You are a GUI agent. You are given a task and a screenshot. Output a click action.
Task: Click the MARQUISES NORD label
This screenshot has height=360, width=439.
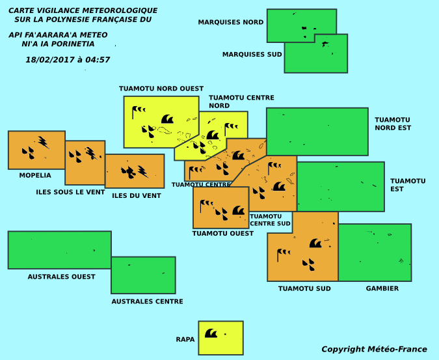pos(231,22)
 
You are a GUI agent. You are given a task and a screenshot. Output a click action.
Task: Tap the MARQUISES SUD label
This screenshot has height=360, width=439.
pos(252,54)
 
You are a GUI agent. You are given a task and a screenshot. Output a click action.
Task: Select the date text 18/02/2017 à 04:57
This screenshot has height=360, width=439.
pos(68,60)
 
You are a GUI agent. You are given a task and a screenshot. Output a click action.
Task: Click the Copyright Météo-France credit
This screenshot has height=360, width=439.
pos(374,349)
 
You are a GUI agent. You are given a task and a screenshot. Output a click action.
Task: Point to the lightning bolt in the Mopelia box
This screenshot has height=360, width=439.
pos(44,143)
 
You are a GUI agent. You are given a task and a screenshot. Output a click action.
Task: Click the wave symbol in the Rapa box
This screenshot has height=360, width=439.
pos(211,333)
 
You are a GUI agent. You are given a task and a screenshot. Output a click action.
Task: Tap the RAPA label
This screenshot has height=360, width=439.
pos(185,339)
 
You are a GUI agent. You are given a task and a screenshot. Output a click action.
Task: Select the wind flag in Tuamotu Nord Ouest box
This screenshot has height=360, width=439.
pos(139,112)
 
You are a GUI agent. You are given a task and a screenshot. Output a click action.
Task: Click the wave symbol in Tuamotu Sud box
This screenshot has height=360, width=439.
pos(315,243)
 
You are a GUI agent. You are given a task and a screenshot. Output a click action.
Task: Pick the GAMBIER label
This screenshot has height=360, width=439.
pos(382,288)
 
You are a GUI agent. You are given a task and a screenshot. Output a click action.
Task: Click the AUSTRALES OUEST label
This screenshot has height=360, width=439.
pos(61,277)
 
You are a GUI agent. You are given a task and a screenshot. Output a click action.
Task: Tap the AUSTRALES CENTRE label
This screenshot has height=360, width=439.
pos(147,301)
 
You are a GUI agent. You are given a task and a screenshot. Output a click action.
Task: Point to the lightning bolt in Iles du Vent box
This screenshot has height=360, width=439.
pos(143,172)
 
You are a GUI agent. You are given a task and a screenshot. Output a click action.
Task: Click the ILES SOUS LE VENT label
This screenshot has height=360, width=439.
pos(70,192)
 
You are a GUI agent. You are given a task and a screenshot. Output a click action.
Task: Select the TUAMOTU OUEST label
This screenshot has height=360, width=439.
pos(223,233)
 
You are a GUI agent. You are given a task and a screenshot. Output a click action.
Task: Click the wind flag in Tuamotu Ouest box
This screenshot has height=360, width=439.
pos(207,206)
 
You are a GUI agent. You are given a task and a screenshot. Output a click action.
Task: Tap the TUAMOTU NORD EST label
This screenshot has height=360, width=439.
pos(393,124)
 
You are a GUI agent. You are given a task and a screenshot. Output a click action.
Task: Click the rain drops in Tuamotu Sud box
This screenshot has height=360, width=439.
pos(308,264)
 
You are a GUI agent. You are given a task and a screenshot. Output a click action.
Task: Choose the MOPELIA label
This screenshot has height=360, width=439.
pos(35,175)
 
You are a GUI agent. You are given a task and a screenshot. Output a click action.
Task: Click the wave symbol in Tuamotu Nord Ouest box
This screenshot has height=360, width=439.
pos(167,118)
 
